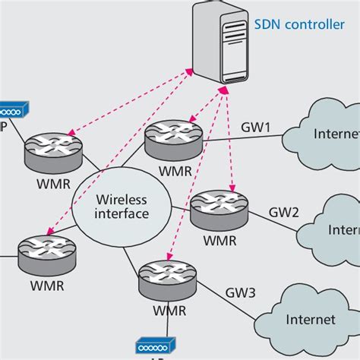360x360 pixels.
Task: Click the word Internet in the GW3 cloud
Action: pos(310,320)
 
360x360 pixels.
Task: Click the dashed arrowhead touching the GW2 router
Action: pos(232,191)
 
